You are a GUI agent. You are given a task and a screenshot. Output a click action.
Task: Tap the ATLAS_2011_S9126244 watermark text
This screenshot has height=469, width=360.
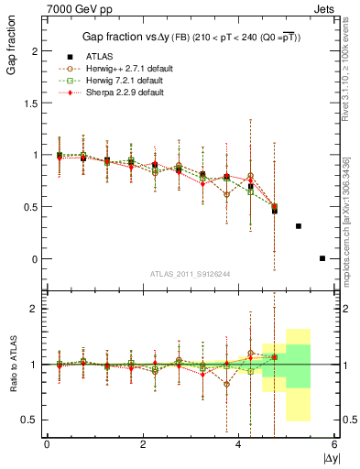click(191, 274)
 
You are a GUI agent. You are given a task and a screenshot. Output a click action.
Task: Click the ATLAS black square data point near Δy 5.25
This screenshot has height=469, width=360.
click(299, 225)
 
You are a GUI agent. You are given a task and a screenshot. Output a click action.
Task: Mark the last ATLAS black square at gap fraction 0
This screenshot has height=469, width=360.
click(322, 258)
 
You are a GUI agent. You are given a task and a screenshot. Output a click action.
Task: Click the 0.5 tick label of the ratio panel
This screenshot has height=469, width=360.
click(27, 420)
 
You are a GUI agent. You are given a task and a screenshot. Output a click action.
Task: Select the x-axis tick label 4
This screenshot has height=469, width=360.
click(239, 444)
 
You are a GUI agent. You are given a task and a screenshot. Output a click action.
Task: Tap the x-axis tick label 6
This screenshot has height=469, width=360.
click(335, 444)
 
